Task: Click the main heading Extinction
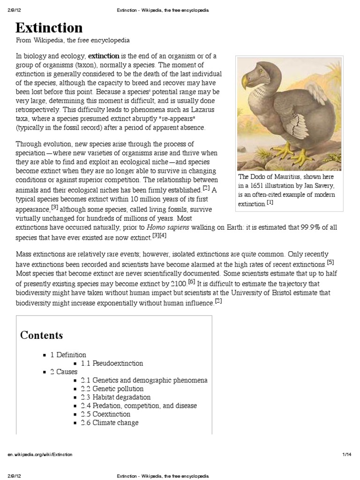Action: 49,28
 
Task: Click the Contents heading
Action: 41,336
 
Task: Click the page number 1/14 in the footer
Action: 346,455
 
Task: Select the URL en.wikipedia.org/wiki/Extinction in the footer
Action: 39,455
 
